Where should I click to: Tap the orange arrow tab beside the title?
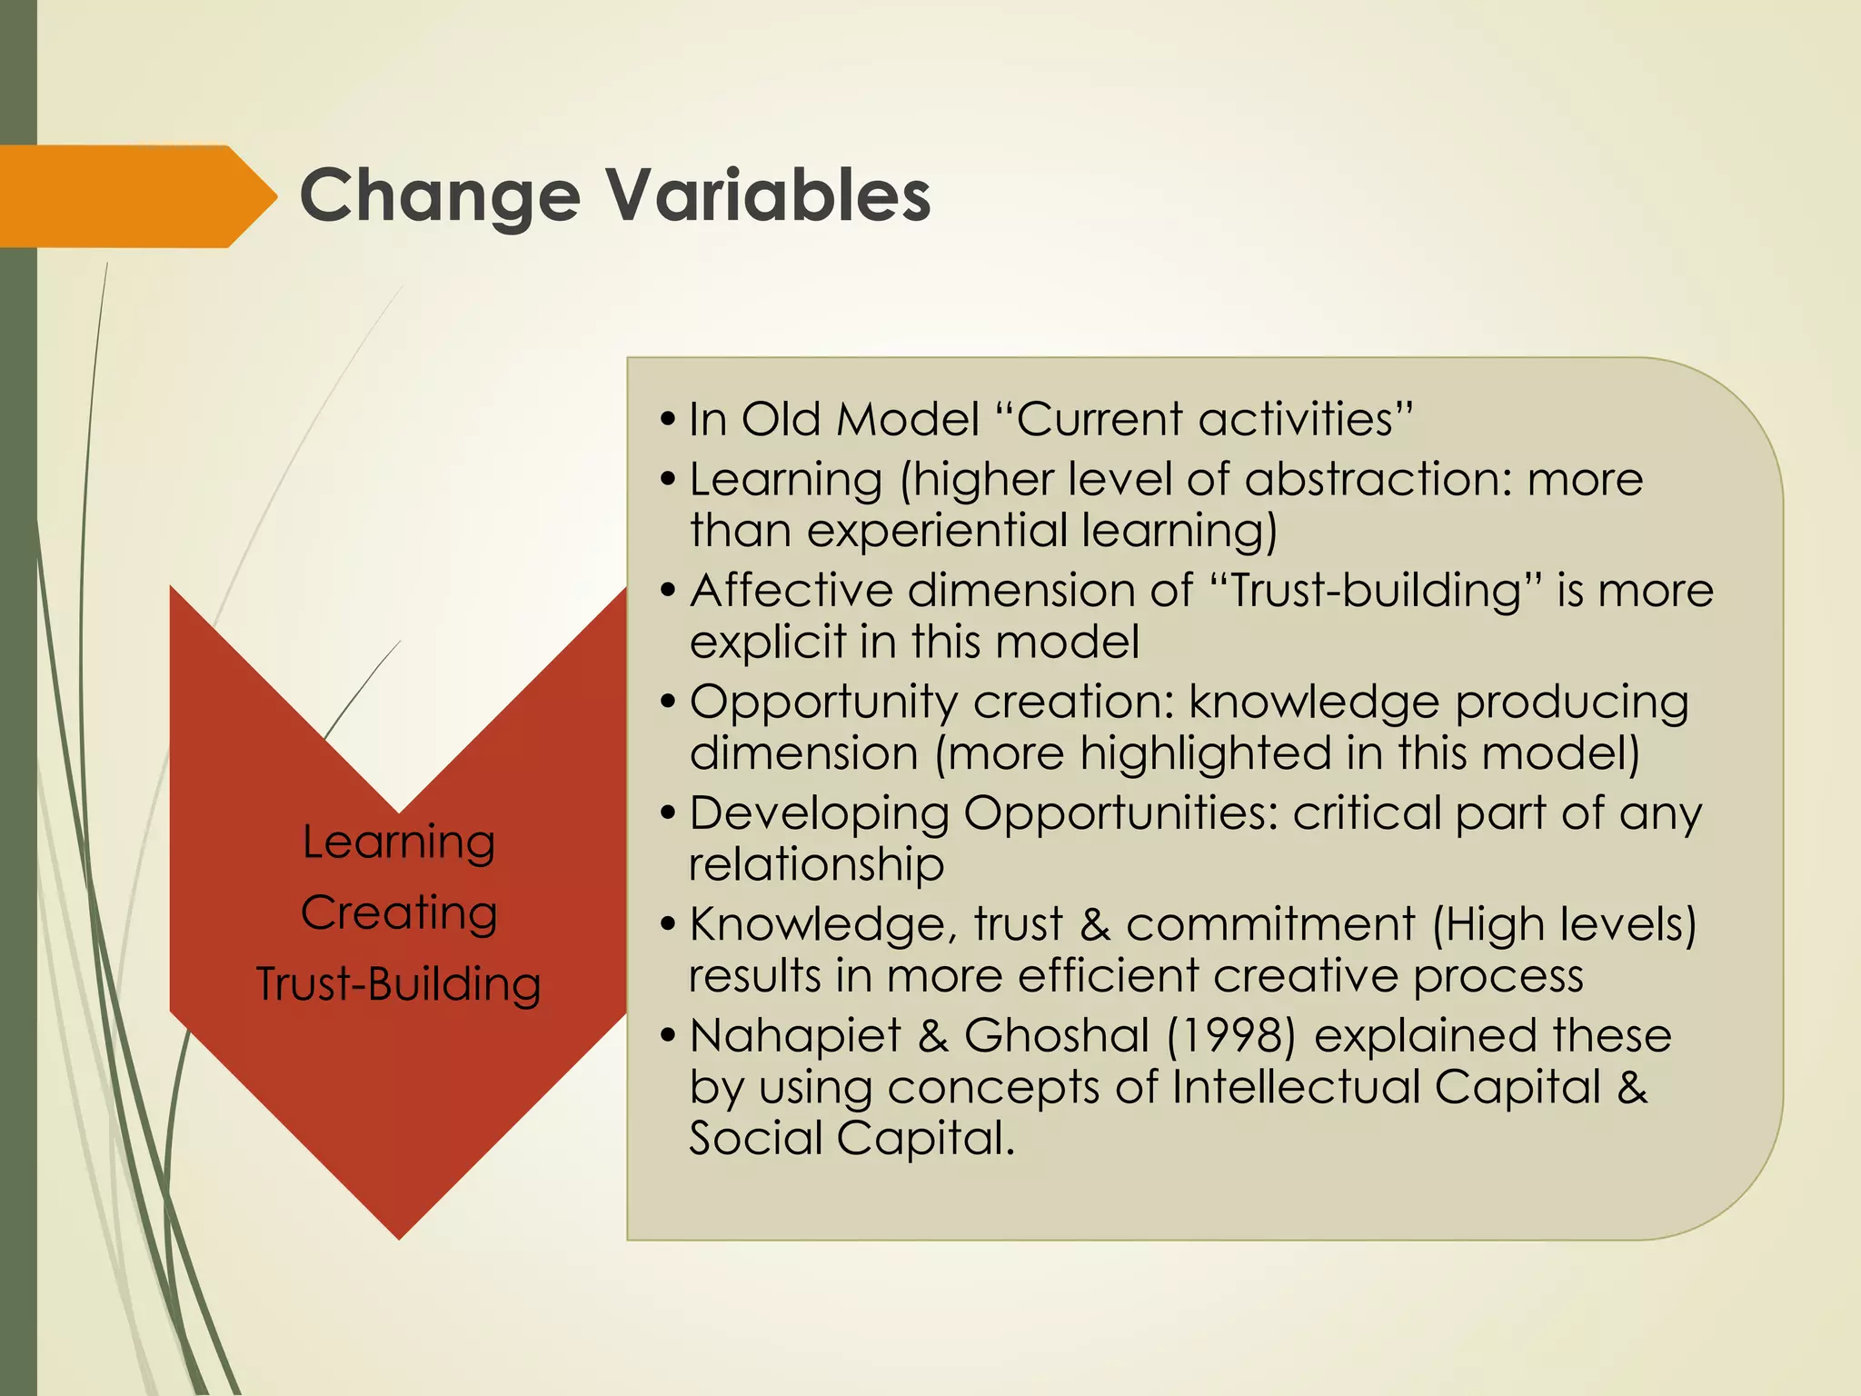point(136,196)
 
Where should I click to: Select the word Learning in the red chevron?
point(398,842)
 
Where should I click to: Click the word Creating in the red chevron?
point(398,912)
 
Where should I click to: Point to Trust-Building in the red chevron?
point(398,983)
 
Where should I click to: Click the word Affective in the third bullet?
point(791,591)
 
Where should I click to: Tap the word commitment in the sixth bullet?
point(1269,924)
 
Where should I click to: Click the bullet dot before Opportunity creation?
point(669,703)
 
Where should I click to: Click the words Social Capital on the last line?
point(851,1138)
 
